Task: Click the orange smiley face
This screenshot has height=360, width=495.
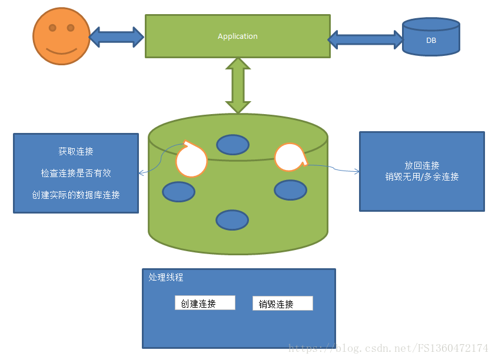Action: pos(61,36)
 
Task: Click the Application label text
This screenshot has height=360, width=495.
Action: pos(237,36)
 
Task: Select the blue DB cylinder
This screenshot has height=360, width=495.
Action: pos(431,36)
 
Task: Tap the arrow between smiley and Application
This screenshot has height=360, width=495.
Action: pos(117,36)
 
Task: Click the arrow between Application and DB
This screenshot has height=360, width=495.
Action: pos(366,39)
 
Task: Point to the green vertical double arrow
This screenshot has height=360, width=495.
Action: pos(238,86)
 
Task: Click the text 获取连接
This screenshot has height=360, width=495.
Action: pos(76,151)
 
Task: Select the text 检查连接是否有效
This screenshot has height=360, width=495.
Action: pos(76,173)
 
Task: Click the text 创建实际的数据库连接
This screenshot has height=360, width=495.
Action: pos(76,195)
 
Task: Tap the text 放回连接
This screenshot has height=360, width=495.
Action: pos(421,165)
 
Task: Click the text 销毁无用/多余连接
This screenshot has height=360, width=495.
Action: pos(421,176)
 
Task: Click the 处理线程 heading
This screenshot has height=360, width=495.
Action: pos(166,278)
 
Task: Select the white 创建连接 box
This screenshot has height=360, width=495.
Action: pos(205,303)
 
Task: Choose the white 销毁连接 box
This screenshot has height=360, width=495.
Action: pos(283,304)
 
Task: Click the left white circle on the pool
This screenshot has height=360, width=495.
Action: pos(191,159)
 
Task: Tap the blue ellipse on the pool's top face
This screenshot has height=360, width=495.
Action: pos(232,145)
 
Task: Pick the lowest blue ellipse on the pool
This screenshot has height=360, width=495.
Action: pos(232,219)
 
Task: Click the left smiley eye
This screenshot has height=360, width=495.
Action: pos(52,28)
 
